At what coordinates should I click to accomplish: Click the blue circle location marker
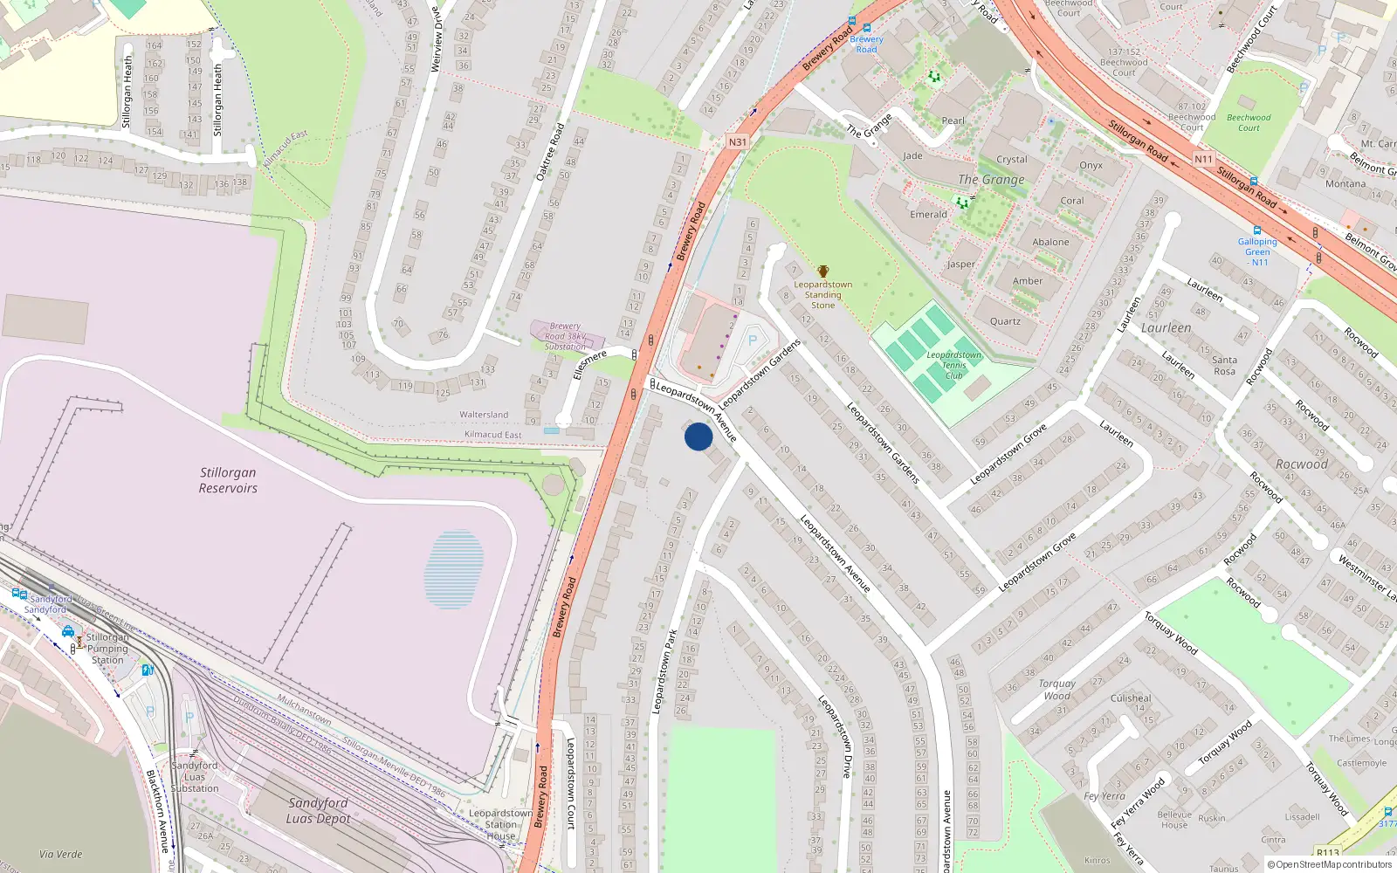[698, 436]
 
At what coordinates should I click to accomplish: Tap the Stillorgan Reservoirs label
[228, 480]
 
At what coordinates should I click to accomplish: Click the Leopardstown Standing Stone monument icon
[822, 272]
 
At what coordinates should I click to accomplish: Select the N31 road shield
[738, 141]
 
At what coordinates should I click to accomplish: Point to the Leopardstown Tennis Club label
[953, 365]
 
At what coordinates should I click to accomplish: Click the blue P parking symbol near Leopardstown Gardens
[753, 340]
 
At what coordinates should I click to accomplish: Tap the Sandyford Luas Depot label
[319, 810]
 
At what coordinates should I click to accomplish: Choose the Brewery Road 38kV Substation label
[566, 336]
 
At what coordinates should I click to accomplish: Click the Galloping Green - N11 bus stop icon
[1257, 230]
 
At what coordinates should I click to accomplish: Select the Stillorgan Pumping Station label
[107, 649]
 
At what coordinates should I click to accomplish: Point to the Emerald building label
[928, 214]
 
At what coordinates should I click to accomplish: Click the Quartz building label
[1005, 321]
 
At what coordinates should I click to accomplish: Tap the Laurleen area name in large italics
[1166, 328]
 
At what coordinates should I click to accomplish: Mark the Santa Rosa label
[1224, 365]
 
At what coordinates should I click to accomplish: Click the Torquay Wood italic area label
[1056, 690]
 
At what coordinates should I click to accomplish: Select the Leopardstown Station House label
[500, 824]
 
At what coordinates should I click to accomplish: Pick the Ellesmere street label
[589, 364]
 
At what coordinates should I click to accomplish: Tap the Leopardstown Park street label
[665, 672]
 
